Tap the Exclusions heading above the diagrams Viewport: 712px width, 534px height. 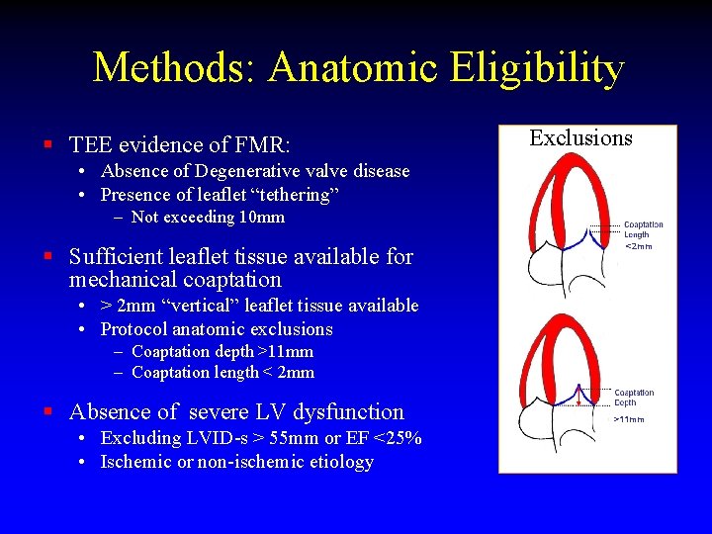click(x=580, y=137)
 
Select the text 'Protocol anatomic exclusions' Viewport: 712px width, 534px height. click(x=217, y=329)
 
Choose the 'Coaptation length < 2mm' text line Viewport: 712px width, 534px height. click(x=222, y=373)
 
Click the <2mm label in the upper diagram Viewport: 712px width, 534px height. click(x=639, y=246)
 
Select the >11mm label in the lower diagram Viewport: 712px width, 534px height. click(x=629, y=418)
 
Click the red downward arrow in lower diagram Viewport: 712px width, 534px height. click(x=578, y=400)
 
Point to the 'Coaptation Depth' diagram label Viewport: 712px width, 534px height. click(x=634, y=398)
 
